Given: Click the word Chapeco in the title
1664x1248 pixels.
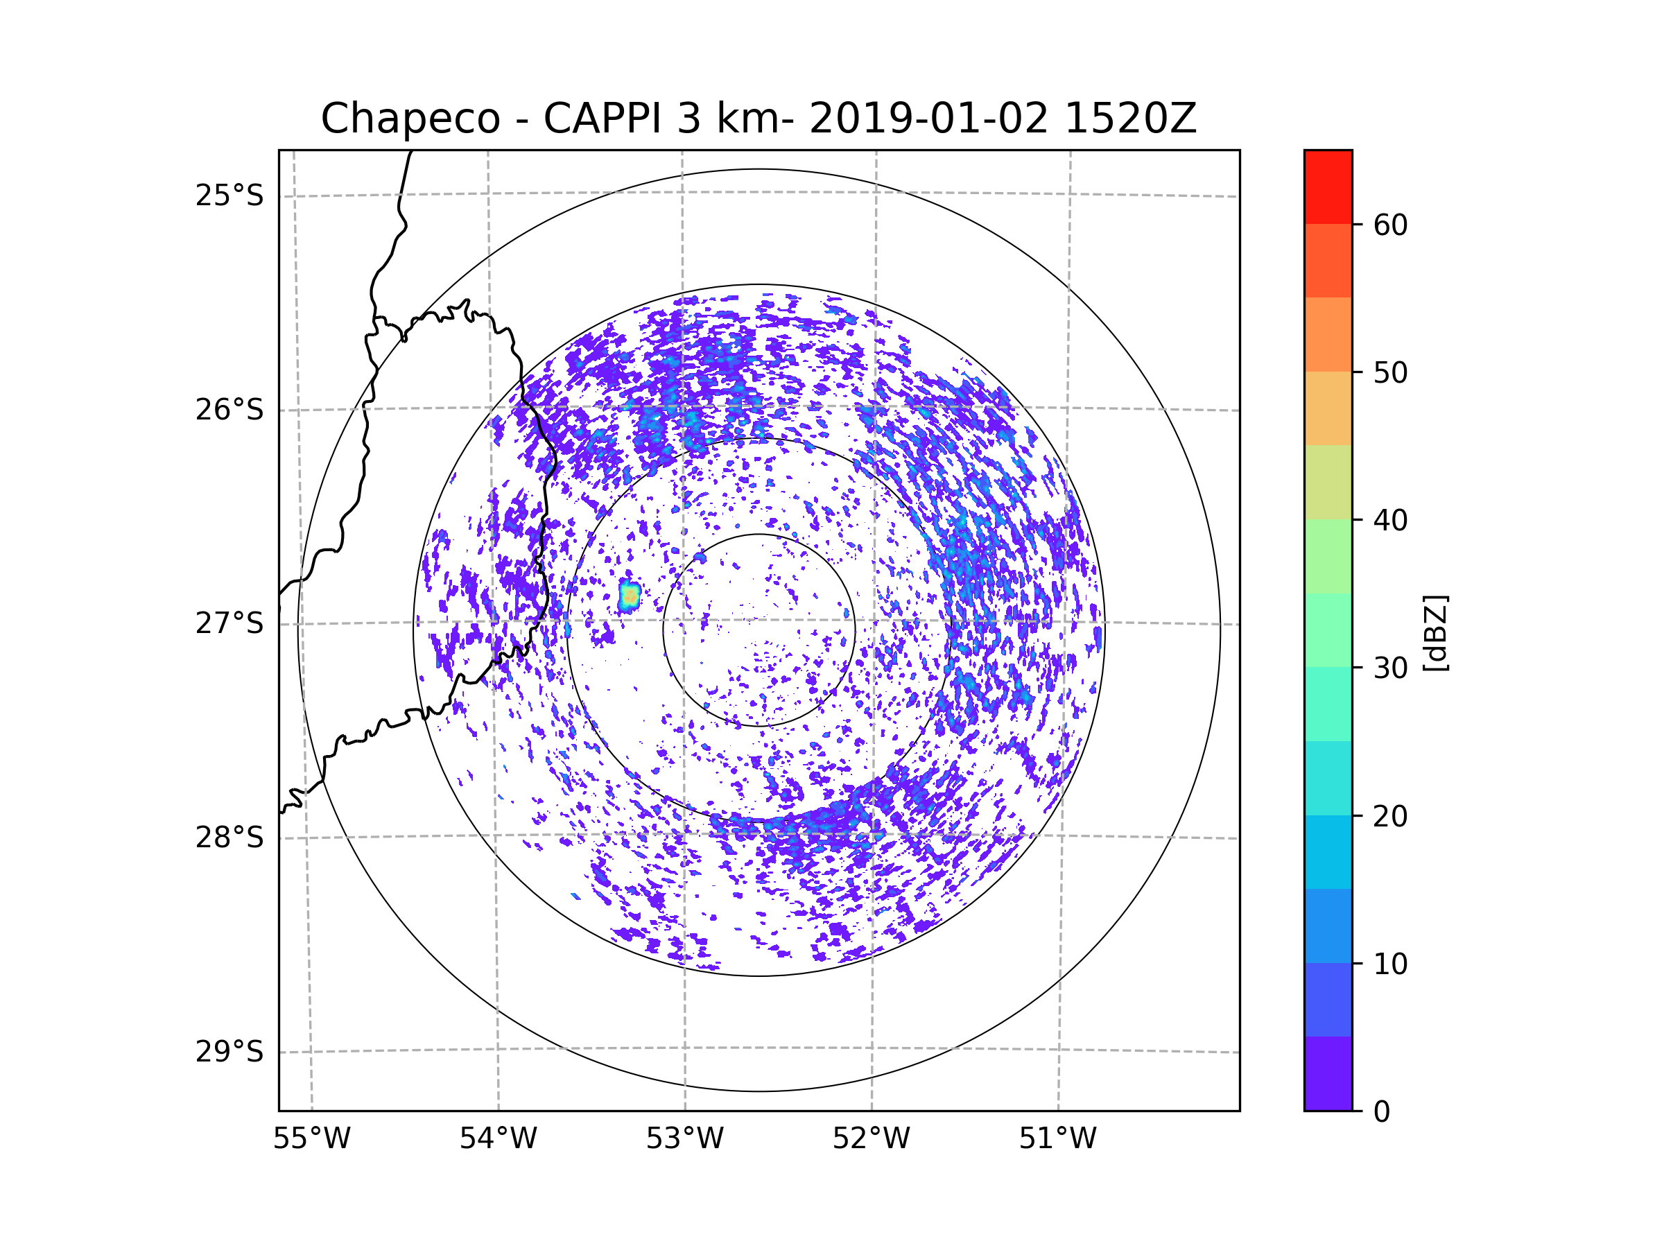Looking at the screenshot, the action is [410, 119].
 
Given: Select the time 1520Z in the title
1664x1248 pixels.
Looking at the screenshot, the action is [1131, 118].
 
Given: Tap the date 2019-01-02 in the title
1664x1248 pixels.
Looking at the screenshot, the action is [928, 118].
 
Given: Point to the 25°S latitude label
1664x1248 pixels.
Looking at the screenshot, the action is [229, 196].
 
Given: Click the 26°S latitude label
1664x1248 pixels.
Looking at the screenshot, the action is [229, 410].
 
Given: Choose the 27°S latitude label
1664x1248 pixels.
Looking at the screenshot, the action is [229, 623].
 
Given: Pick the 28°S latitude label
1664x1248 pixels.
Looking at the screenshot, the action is [229, 838].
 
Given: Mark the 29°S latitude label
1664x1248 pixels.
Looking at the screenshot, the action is [229, 1052].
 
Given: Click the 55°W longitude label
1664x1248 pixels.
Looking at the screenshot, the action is [311, 1139].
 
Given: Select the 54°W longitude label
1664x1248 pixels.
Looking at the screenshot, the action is [498, 1139].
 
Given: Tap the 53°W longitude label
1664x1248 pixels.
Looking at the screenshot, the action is [684, 1139].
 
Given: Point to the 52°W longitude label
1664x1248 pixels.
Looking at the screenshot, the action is [871, 1139].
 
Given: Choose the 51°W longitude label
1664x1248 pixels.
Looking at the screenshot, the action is [1057, 1139].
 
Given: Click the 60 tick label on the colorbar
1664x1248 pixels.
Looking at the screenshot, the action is [1390, 225].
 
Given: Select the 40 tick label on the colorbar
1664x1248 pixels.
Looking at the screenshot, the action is [1390, 521].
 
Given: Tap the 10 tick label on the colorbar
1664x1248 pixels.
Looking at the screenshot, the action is [1390, 964].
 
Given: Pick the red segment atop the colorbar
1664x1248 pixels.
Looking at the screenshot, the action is [1328, 187].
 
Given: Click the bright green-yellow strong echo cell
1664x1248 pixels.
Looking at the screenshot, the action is [630, 596].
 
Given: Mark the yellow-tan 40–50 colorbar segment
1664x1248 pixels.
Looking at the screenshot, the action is [1328, 408].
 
